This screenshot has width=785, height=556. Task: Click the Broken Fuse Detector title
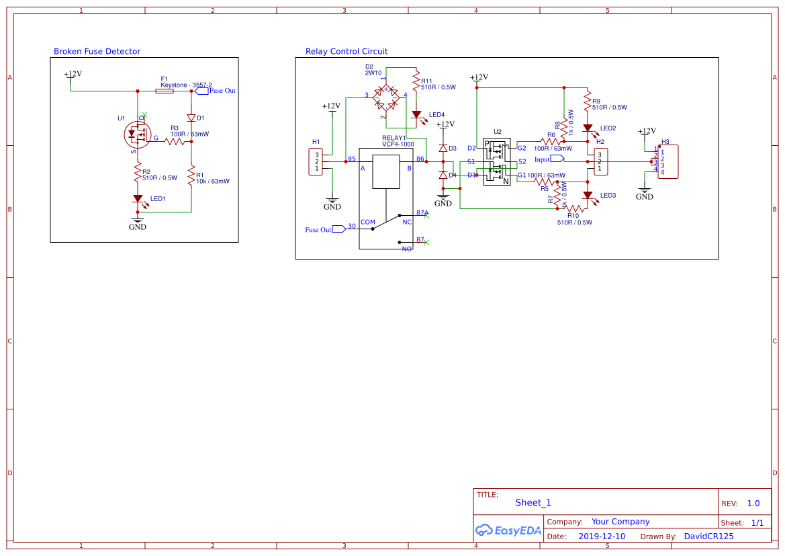click(x=97, y=52)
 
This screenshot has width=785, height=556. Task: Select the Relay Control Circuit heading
click(x=347, y=52)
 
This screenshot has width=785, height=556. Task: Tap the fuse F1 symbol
click(x=165, y=91)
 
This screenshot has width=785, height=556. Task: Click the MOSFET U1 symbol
click(x=138, y=136)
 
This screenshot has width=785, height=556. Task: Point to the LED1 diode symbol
click(x=138, y=199)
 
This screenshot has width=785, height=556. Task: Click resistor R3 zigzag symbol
click(x=175, y=141)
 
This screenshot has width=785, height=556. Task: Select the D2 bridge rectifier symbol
click(x=387, y=98)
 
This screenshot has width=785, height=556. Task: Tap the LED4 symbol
click(x=416, y=115)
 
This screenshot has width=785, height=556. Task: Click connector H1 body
click(x=316, y=161)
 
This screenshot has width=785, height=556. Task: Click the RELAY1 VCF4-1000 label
click(x=398, y=141)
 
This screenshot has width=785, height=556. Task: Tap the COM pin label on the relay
click(x=368, y=222)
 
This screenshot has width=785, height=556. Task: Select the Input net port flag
click(x=557, y=159)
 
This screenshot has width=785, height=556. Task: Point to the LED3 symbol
click(x=588, y=196)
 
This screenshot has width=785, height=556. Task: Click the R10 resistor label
click(x=573, y=216)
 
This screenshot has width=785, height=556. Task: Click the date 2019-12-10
click(x=602, y=537)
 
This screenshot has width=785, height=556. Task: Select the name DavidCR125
click(x=708, y=537)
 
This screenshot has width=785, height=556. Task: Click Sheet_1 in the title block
click(x=533, y=502)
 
